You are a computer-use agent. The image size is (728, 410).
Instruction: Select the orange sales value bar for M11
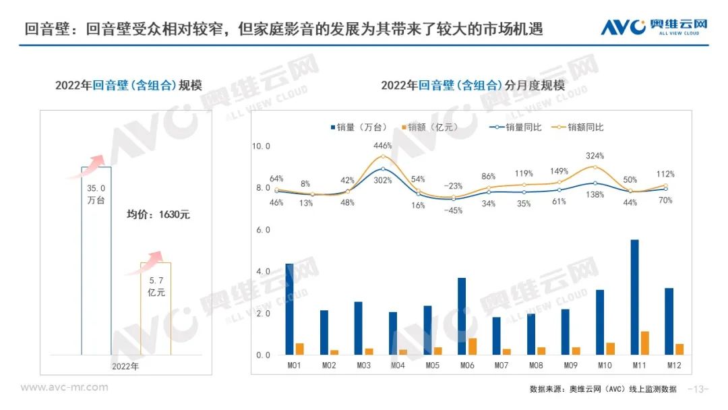tap(644, 343)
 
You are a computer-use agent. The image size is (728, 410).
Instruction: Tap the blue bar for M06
tap(462, 316)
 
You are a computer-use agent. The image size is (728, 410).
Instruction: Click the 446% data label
tap(382, 146)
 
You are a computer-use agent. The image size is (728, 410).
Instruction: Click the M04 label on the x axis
tap(398, 365)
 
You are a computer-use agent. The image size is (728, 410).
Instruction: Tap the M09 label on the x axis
tap(570, 365)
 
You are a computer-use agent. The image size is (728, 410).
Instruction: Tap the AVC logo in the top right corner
tap(654, 26)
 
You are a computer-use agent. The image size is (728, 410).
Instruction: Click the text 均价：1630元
tap(159, 214)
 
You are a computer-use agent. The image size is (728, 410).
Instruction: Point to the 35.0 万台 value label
tap(96, 195)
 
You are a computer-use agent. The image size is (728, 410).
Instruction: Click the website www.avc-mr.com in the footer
tap(64, 387)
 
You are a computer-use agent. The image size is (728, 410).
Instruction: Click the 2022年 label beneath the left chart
tap(125, 367)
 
